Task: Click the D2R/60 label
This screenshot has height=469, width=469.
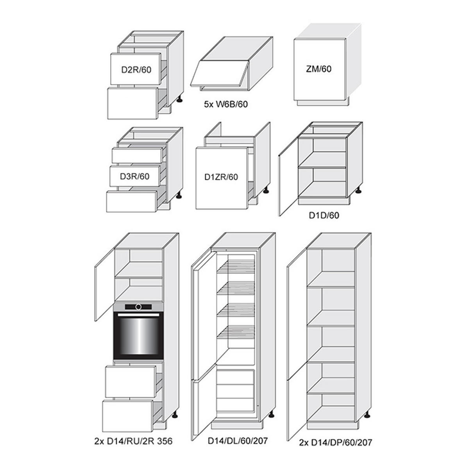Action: [x=136, y=70]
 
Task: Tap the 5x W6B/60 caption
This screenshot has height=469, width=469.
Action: [x=226, y=104]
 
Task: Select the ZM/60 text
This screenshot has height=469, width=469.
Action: [x=319, y=69]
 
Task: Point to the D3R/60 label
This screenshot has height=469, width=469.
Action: [x=134, y=176]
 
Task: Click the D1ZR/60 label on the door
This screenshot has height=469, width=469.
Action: [x=221, y=177]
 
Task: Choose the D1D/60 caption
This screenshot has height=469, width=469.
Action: [x=324, y=215]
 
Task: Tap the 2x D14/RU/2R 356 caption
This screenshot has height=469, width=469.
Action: [x=133, y=441]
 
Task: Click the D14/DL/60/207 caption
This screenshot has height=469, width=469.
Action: [x=238, y=440]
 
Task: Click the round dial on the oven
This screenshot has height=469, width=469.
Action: [x=138, y=307]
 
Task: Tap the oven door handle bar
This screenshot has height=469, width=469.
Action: [x=138, y=315]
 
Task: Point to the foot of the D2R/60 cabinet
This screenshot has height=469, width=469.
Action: [x=180, y=99]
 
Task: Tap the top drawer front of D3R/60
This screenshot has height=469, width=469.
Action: [x=137, y=155]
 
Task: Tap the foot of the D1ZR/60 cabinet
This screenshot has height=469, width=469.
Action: [x=266, y=190]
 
